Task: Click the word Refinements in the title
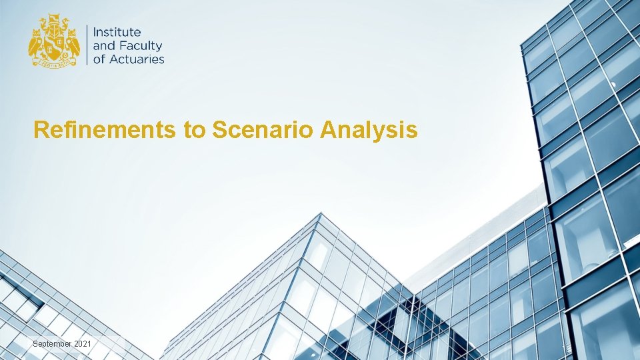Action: [105, 130]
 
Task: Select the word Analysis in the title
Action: [369, 131]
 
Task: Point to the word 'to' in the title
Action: [194, 131]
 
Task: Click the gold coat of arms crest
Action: [54, 42]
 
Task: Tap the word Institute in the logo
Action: [117, 31]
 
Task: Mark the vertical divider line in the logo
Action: [87, 45]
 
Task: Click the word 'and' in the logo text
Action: [104, 45]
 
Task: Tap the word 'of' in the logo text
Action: [99, 59]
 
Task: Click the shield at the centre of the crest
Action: [54, 43]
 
